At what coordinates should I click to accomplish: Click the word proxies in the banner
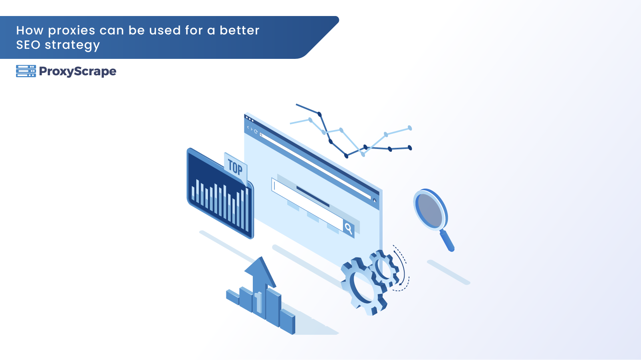pos(72,31)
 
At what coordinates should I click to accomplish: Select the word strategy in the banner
pos(73,46)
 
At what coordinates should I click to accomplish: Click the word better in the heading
pos(240,30)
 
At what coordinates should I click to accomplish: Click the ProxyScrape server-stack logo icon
pos(26,71)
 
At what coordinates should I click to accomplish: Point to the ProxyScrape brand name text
pos(78,72)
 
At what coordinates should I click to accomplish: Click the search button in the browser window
pos(349,228)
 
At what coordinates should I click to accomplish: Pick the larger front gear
pos(363,286)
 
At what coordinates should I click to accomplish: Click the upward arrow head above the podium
pos(260,272)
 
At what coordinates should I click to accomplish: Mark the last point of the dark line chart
pos(410,148)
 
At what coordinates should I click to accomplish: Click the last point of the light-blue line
pos(410,128)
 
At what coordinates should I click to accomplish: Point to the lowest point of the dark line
pos(346,156)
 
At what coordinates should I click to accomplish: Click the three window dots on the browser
pos(250,119)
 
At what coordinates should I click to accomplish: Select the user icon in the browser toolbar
pos(375,201)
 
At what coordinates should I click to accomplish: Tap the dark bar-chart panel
pos(220,193)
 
